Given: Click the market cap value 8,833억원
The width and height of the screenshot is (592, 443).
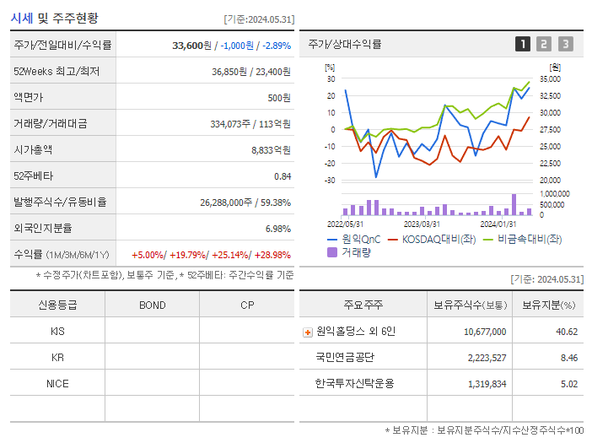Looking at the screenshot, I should point(271,150).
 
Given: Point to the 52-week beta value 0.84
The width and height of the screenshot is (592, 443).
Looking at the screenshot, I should point(282,176).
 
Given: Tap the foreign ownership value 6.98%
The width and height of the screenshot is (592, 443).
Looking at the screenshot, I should point(277,229).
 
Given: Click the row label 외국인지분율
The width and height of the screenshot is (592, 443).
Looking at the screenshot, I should point(43,229).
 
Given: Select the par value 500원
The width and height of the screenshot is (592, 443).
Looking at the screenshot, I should point(279,98).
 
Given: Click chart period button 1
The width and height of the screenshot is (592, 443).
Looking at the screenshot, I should point(523,45).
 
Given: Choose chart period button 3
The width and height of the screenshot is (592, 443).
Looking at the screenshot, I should point(565,45).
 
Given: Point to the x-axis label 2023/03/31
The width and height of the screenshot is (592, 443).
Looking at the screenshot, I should point(422,224).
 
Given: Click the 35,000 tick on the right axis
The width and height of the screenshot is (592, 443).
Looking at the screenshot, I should point(550,78).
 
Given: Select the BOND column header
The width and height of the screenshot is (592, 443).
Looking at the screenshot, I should point(152,305).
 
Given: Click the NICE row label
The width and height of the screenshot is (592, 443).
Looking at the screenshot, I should point(57,383).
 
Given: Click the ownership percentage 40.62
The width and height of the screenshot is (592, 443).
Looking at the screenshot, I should point(567,332).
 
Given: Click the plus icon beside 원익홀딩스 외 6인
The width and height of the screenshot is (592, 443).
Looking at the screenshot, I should point(308,332).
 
